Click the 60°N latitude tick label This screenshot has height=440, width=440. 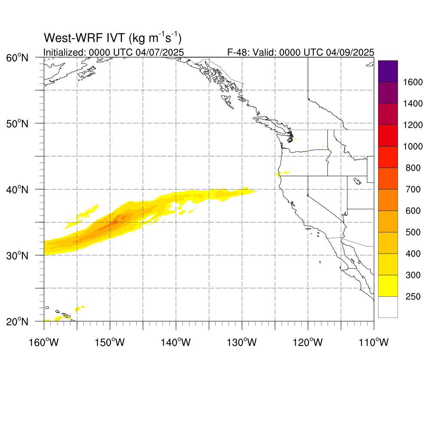point(17,58)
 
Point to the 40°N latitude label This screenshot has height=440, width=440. point(17,189)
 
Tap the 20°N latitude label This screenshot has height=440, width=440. point(17,321)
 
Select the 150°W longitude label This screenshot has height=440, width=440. point(110,342)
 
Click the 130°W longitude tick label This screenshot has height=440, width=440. point(241,342)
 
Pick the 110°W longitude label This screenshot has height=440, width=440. point(373,342)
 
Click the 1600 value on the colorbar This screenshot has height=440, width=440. point(413,82)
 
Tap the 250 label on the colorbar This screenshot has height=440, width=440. point(413,296)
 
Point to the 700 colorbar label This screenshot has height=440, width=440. point(413,189)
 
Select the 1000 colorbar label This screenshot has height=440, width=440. point(413,147)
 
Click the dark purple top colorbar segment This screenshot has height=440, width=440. point(388,71)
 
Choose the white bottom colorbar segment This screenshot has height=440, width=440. point(388,307)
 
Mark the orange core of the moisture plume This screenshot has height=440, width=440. point(115,220)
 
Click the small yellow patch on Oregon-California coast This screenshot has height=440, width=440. point(278,174)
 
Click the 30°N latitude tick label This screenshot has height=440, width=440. point(17,256)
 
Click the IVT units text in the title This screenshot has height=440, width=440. point(155,38)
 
